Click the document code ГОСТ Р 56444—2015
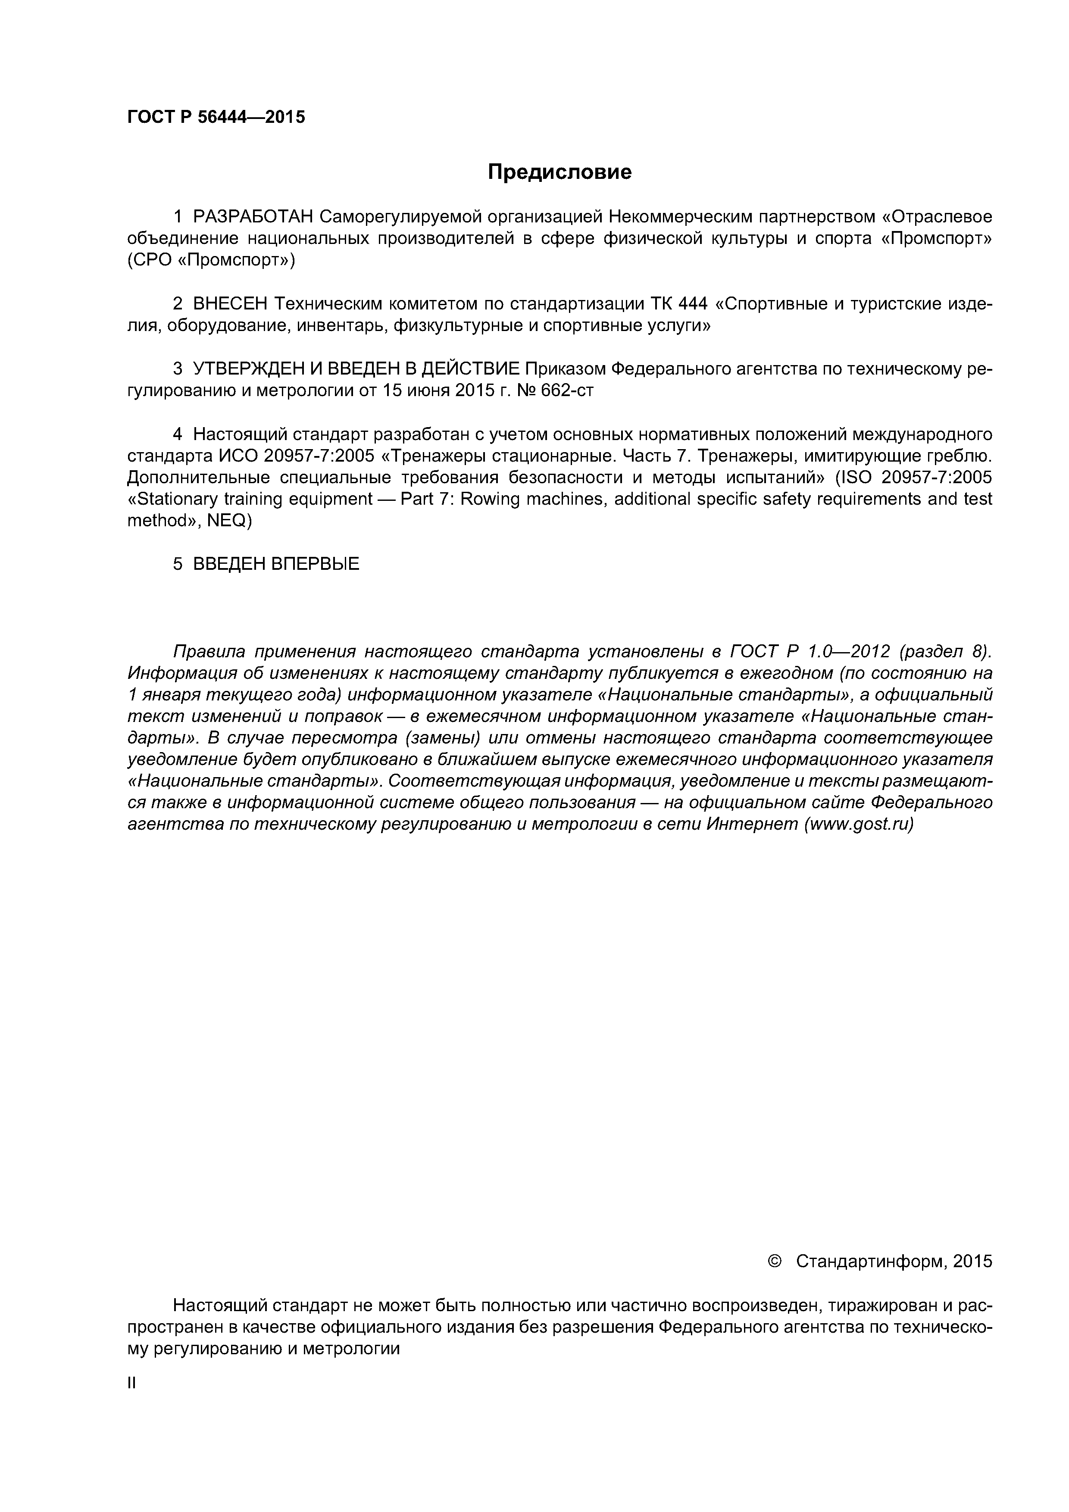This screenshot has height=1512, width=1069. (x=216, y=117)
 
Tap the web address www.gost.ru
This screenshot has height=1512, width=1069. (x=858, y=825)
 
